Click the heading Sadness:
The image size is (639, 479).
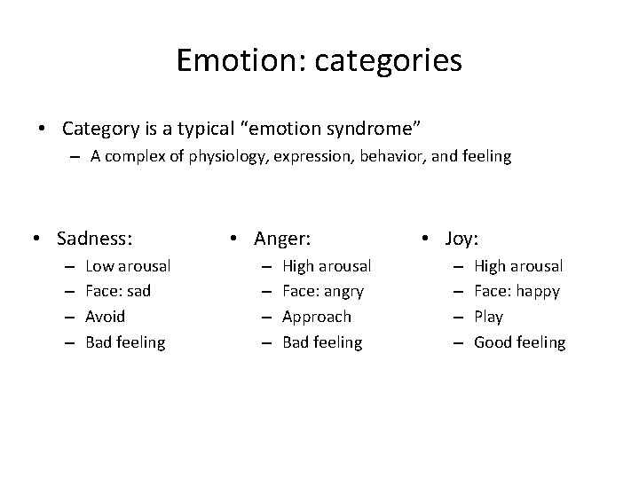click(94, 238)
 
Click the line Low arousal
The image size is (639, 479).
click(128, 265)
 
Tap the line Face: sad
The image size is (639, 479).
click(119, 291)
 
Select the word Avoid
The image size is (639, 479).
click(105, 317)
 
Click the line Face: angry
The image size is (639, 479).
click(323, 291)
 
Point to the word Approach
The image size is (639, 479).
click(316, 317)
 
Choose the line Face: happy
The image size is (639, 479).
click(517, 291)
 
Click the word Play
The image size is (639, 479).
click(488, 317)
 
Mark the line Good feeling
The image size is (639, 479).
click(519, 342)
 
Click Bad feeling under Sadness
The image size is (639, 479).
click(125, 342)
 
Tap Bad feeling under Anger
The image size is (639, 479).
click(322, 342)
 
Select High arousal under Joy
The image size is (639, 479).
click(518, 265)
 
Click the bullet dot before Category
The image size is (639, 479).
click(43, 130)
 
